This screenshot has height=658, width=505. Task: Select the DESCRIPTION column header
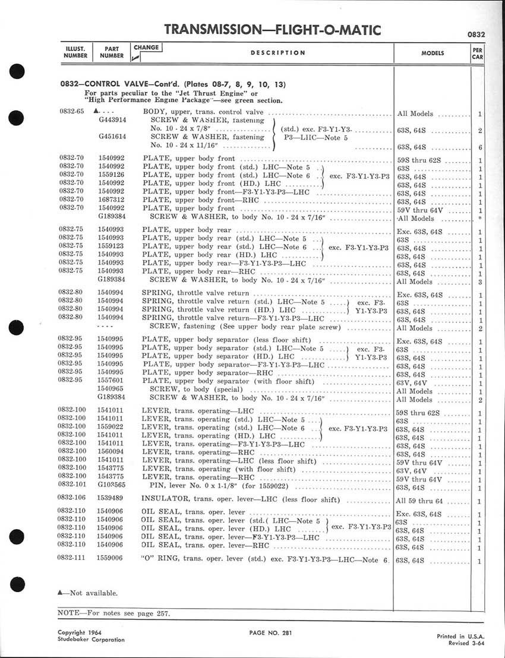click(x=278, y=53)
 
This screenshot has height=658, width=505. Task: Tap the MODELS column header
click(x=433, y=53)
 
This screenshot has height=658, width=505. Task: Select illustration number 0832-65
click(x=71, y=111)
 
